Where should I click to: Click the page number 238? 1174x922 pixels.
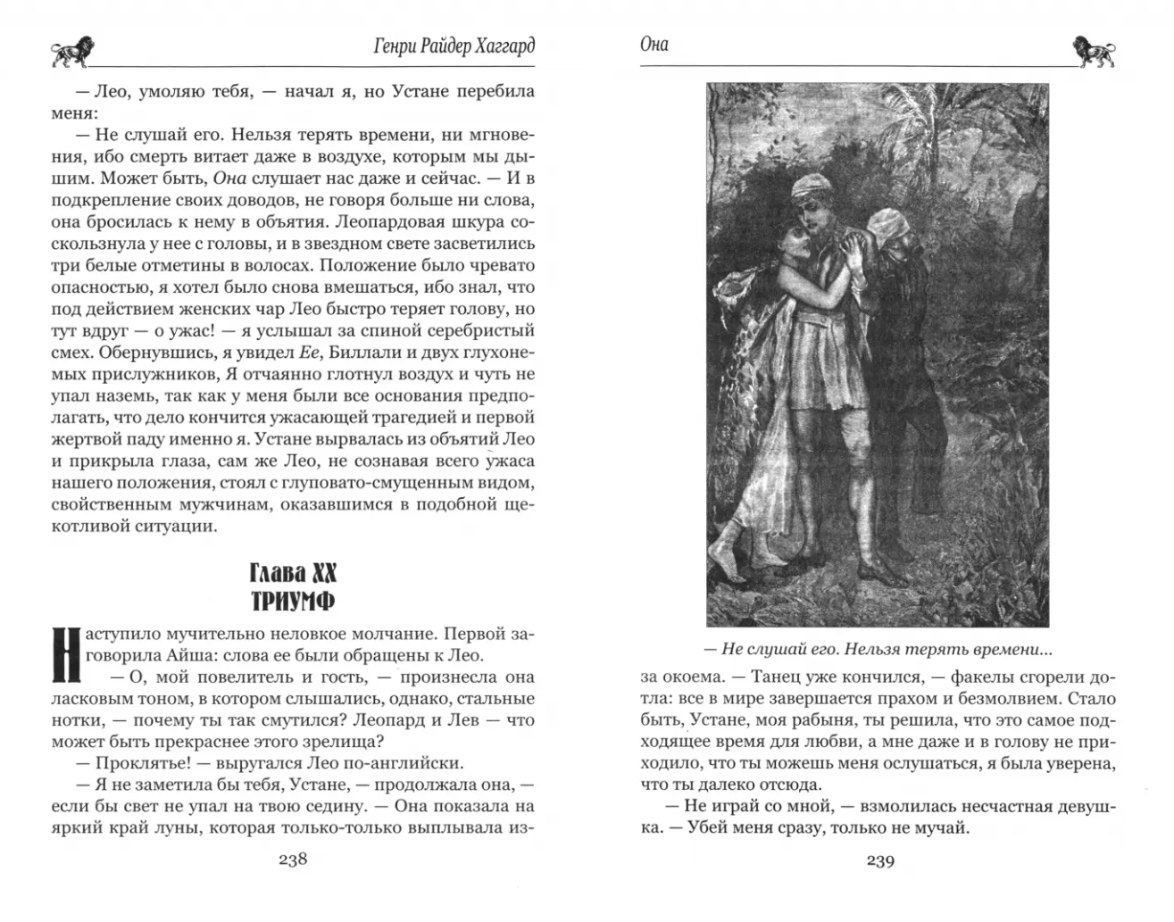(x=293, y=860)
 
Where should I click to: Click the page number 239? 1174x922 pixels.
(x=880, y=860)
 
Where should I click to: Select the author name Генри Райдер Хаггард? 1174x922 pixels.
(x=454, y=46)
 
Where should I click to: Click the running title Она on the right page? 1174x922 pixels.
(x=654, y=45)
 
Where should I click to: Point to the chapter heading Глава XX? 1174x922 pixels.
(x=292, y=572)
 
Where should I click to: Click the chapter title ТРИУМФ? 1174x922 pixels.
(x=292, y=601)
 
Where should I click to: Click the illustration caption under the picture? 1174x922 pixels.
(x=878, y=649)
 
